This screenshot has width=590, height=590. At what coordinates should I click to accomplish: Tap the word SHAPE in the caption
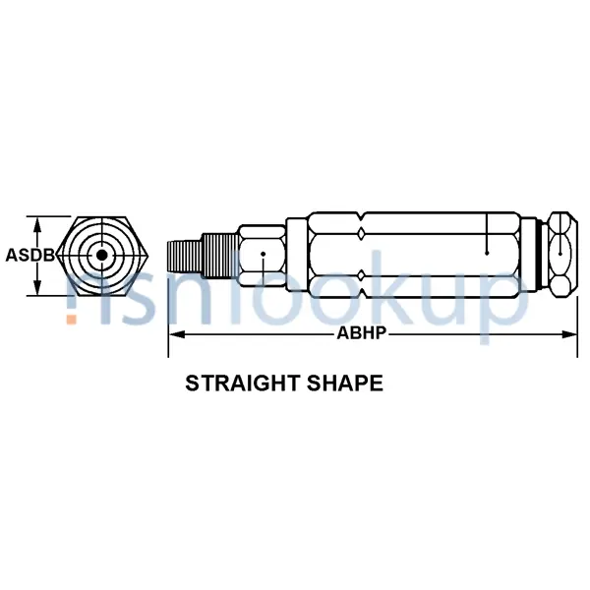point(345,383)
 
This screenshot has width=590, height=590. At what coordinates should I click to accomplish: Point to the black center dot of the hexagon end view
point(100,256)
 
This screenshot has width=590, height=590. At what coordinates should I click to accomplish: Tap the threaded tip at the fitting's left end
point(181,256)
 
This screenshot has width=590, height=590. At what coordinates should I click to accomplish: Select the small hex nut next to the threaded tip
point(264,256)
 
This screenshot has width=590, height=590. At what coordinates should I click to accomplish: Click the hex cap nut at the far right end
point(560,255)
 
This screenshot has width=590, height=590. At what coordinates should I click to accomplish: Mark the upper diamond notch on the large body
point(362,232)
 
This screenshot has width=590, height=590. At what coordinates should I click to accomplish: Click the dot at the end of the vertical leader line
point(488,253)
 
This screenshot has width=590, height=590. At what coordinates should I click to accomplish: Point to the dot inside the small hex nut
point(263,254)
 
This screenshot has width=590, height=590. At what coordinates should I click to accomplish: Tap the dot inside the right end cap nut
point(560,254)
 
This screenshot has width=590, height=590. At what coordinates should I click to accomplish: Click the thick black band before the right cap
point(538,255)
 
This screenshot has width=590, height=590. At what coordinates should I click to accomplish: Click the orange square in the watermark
point(72,318)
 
